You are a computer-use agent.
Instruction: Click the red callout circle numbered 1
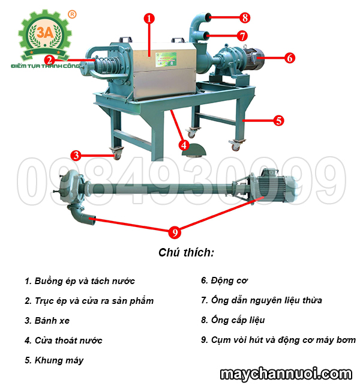coord(149,18)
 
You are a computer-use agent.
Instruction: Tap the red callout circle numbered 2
coord(50,60)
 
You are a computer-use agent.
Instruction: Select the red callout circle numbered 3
coord(76,155)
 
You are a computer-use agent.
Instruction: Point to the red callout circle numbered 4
coord(184,145)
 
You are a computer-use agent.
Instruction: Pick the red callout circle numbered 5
coord(278,121)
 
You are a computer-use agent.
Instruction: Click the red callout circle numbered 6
coord(290,58)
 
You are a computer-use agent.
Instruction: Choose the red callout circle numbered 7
coord(242,35)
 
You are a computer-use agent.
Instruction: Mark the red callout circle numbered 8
coord(245,17)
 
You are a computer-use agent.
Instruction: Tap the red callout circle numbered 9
coord(175,232)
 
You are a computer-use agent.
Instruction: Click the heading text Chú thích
coord(186,252)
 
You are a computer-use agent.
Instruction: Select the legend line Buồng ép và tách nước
coord(80,281)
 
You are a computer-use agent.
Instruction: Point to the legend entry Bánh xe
coord(47,321)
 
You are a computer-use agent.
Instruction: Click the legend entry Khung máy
coord(54,360)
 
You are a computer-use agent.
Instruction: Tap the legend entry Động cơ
coord(224,280)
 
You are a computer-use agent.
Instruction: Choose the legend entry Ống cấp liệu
coord(233,320)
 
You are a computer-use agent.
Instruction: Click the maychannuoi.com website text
coord(286,374)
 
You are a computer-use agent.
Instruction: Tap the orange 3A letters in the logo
coord(45,32)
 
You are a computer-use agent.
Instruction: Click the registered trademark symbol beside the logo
coord(72,14)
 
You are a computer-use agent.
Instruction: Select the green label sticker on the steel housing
coord(166,59)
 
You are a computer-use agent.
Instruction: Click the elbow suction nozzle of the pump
coord(82,214)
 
